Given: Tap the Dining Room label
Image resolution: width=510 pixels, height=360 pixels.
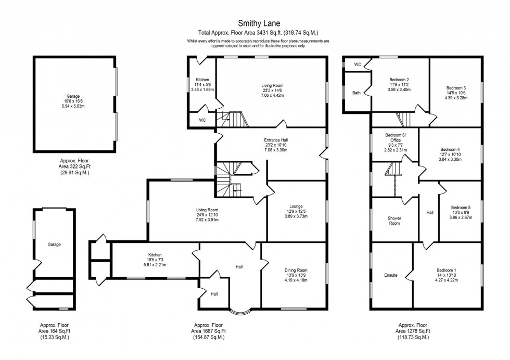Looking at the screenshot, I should (x=296, y=270).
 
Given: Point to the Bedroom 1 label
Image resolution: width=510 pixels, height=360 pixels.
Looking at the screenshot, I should (x=446, y=270).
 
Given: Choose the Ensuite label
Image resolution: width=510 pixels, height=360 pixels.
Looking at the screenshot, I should (x=391, y=275).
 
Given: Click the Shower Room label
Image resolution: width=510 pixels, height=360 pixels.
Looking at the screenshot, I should (x=394, y=221).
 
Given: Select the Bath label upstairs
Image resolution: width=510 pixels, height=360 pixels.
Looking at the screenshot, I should (x=356, y=93).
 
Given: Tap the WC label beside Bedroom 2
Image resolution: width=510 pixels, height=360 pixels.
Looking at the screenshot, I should (x=358, y=64).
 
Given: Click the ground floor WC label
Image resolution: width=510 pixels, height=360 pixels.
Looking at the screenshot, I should (x=202, y=120).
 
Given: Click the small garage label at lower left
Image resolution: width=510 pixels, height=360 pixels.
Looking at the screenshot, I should (x=54, y=244).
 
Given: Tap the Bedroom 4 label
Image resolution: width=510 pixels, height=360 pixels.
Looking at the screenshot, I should (x=450, y=149).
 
